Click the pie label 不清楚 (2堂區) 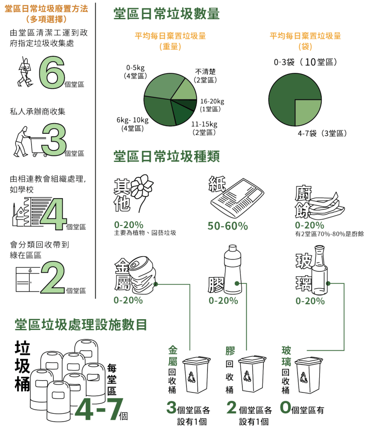(x=206, y=75)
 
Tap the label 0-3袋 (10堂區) (x=306, y=62)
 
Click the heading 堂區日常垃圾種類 (x=166, y=156)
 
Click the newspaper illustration (x=236, y=197)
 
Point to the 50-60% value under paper (x=227, y=226)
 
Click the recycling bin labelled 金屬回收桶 (x=196, y=374)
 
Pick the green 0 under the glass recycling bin (x=285, y=407)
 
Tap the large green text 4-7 (x=99, y=410)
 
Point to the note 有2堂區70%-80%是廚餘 (x=329, y=234)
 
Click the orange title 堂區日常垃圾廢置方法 (x=46, y=9)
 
